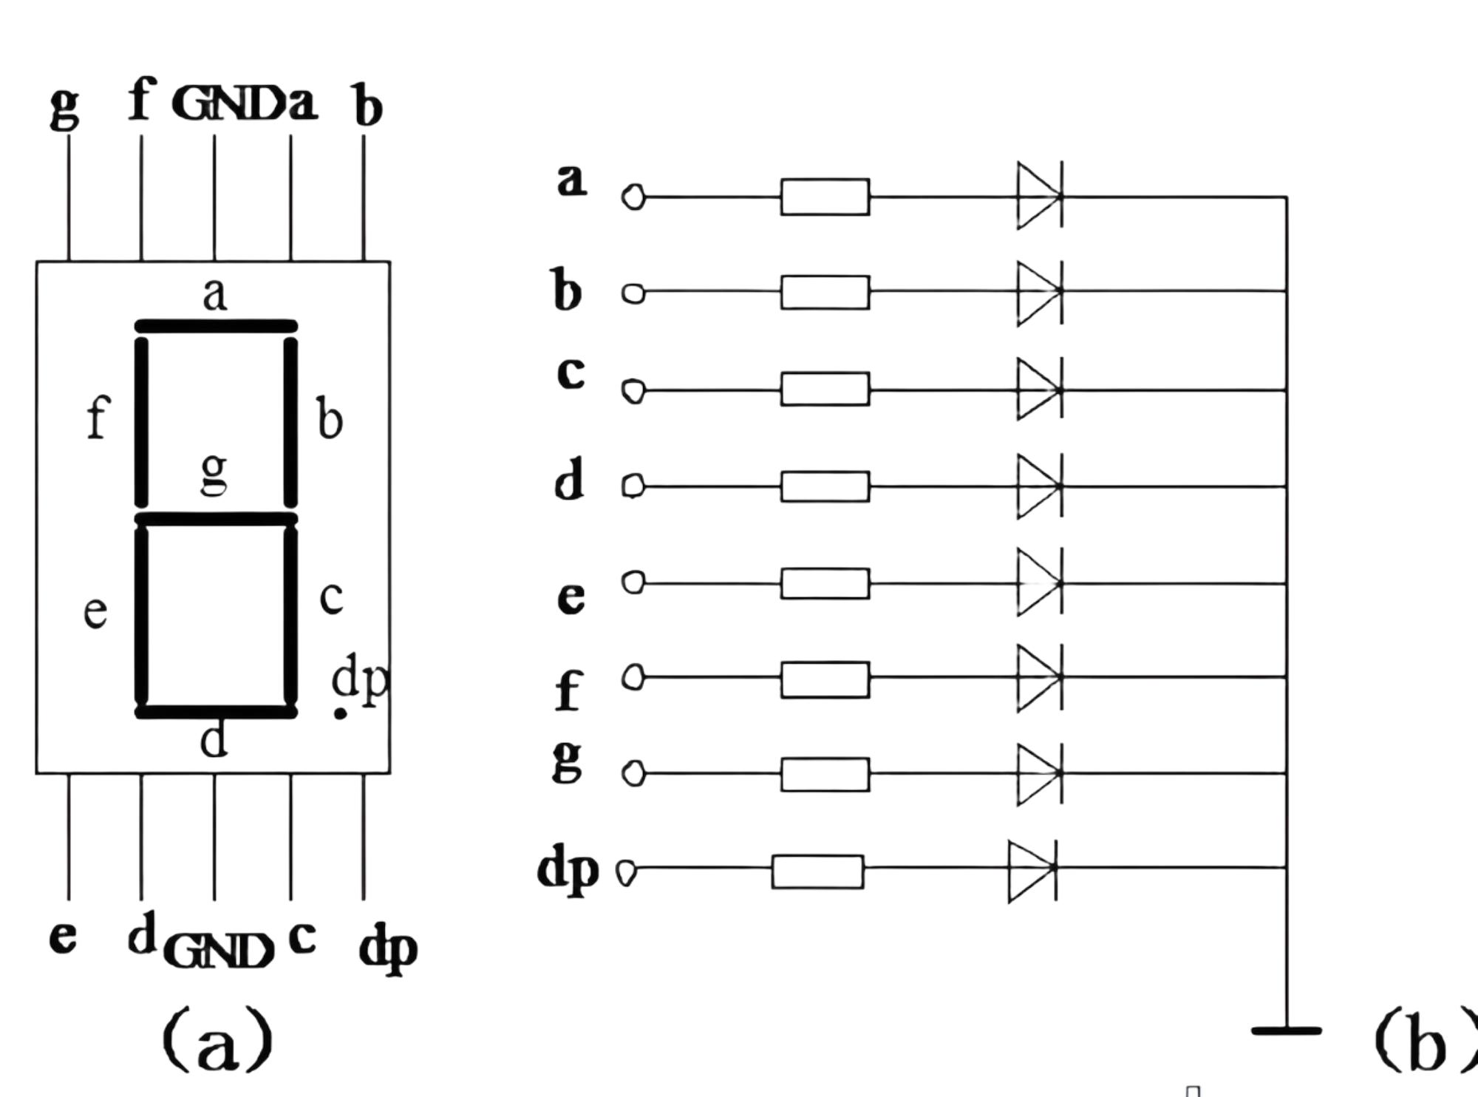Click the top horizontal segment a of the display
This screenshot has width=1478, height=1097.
(217, 326)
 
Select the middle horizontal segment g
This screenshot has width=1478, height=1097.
(217, 519)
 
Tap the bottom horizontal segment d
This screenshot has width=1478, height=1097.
(217, 712)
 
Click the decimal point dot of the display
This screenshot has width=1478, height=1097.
(340, 713)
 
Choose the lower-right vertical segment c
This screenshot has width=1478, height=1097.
(291, 615)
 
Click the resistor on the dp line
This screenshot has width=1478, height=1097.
(817, 872)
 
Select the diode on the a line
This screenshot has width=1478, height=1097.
(1040, 196)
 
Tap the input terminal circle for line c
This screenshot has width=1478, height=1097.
(633, 390)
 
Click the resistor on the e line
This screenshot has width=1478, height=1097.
(825, 583)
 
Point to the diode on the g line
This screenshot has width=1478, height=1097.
(1040, 773)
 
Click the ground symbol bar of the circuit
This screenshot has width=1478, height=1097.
(1286, 1030)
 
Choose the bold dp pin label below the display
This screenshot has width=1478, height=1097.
(388, 947)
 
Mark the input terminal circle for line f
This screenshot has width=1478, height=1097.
(633, 677)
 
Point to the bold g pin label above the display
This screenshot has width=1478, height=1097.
(64, 106)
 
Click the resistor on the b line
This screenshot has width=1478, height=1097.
(825, 292)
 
